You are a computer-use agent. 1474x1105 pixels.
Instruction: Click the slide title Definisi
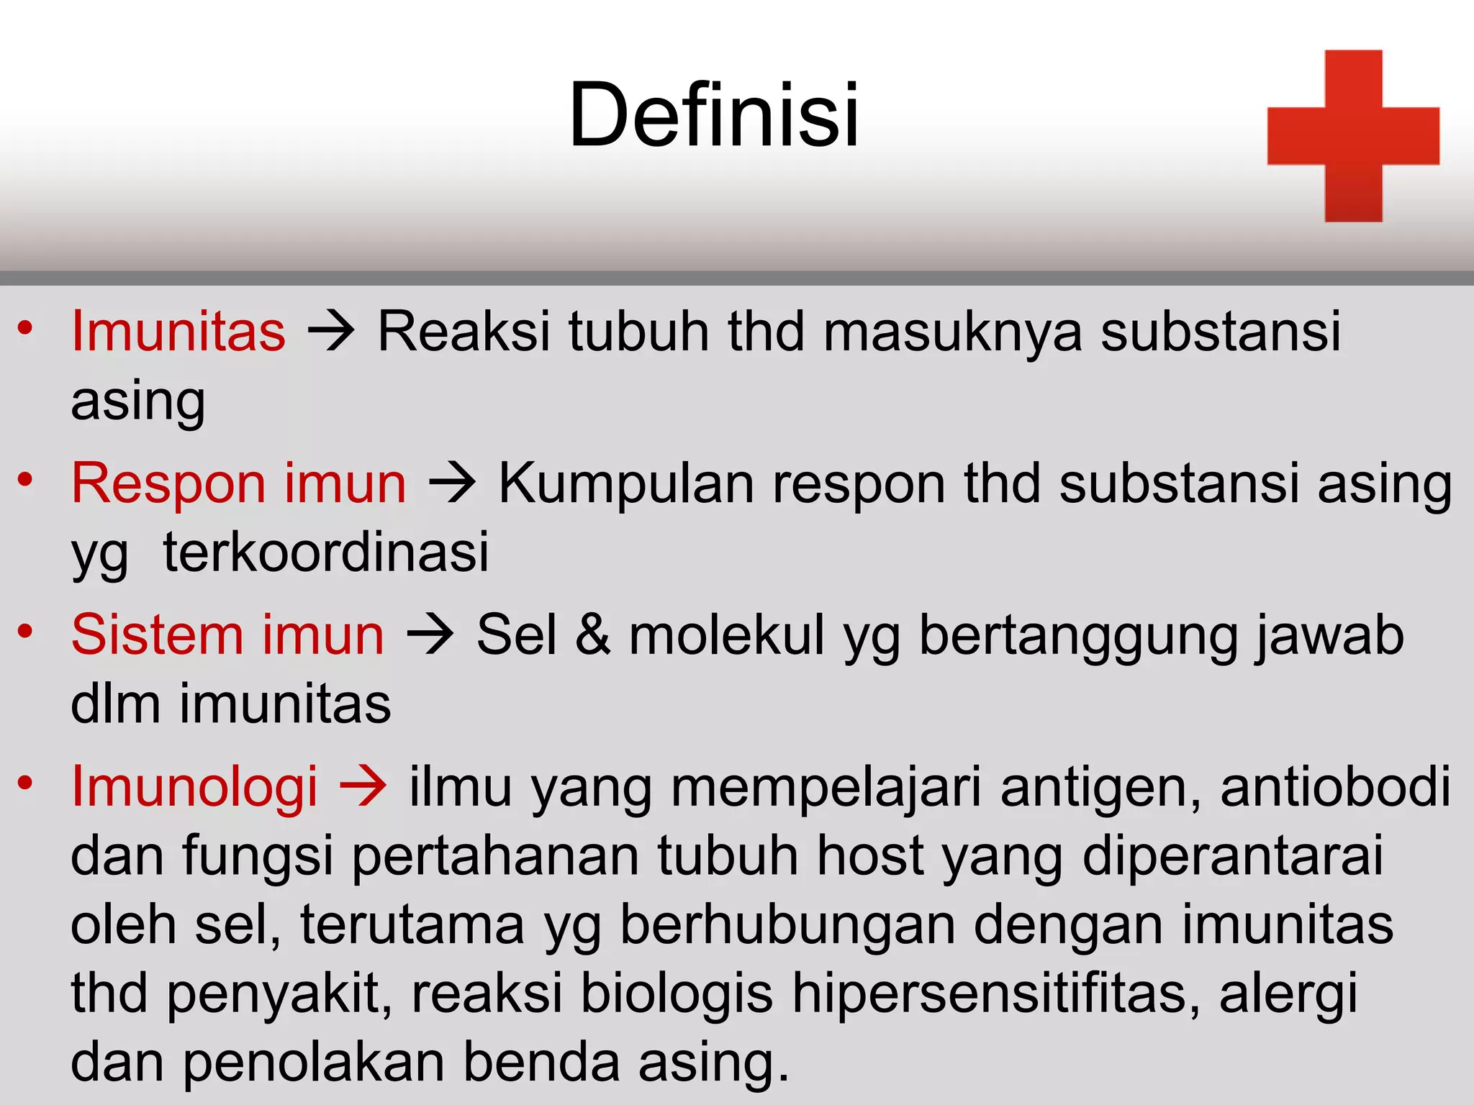point(714,115)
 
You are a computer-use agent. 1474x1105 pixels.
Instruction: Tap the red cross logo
point(1353,136)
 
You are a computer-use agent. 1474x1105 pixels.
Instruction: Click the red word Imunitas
point(178,332)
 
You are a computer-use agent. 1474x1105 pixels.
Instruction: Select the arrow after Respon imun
point(452,483)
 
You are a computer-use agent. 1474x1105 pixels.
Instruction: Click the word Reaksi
point(464,332)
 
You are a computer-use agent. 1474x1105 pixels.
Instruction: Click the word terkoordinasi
point(326,552)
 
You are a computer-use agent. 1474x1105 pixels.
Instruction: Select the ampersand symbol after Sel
point(593,635)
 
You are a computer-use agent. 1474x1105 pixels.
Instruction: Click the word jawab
point(1329,635)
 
